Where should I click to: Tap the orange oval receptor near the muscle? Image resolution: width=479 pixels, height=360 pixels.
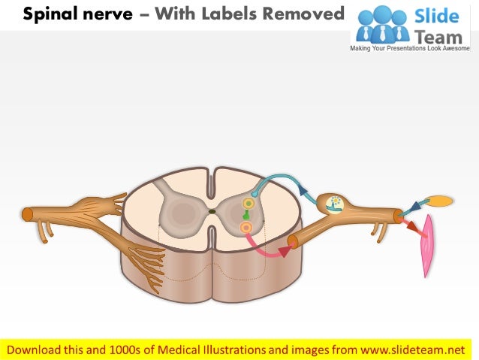pyautogui.click(x=440, y=201)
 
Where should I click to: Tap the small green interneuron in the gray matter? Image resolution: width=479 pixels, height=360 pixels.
pyautogui.click(x=246, y=215)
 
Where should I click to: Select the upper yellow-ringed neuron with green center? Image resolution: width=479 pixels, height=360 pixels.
pyautogui.click(x=249, y=204)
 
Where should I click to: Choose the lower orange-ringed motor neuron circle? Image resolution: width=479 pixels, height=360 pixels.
pyautogui.click(x=245, y=227)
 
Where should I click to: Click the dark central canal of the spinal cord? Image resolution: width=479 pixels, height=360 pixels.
pyautogui.click(x=212, y=212)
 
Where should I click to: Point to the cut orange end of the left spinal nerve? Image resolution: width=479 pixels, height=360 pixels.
pyautogui.click(x=27, y=215)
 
